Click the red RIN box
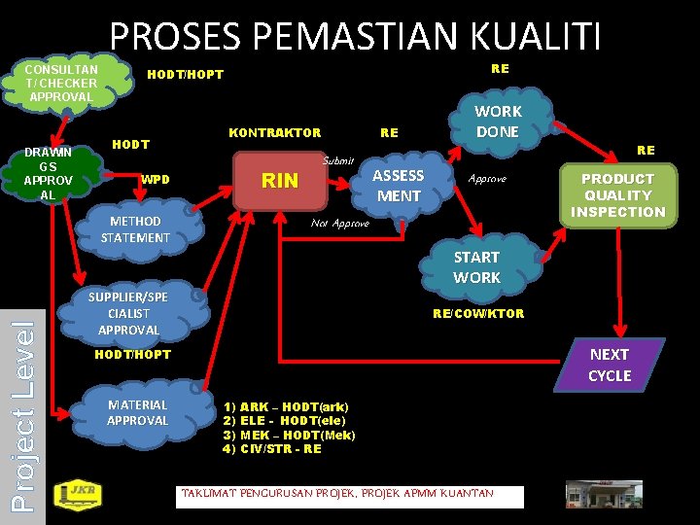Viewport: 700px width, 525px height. pyautogui.click(x=281, y=181)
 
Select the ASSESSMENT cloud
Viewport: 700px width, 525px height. pyautogui.click(x=399, y=186)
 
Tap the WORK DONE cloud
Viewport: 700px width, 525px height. pyautogui.click(x=497, y=122)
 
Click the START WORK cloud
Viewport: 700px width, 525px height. pyautogui.click(x=476, y=267)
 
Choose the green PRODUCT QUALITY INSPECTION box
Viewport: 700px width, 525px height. pyautogui.click(x=617, y=195)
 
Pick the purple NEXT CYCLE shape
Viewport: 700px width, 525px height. pyautogui.click(x=610, y=366)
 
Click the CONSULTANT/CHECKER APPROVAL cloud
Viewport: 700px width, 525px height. pyautogui.click(x=60, y=84)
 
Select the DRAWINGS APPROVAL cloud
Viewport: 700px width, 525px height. pyautogui.click(x=48, y=173)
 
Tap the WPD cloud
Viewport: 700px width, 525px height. pyautogui.click(x=156, y=179)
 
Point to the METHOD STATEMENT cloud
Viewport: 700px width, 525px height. pyautogui.click(x=135, y=229)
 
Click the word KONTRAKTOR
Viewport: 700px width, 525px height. pyautogui.click(x=274, y=132)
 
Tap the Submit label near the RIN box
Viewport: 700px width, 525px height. pyautogui.click(x=338, y=159)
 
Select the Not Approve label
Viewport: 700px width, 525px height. pyautogui.click(x=339, y=224)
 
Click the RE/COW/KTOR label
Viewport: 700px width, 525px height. pyautogui.click(x=477, y=313)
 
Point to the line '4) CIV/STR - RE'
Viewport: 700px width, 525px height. pyautogui.click(x=272, y=449)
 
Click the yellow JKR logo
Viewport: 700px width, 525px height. pyautogui.click(x=74, y=495)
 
